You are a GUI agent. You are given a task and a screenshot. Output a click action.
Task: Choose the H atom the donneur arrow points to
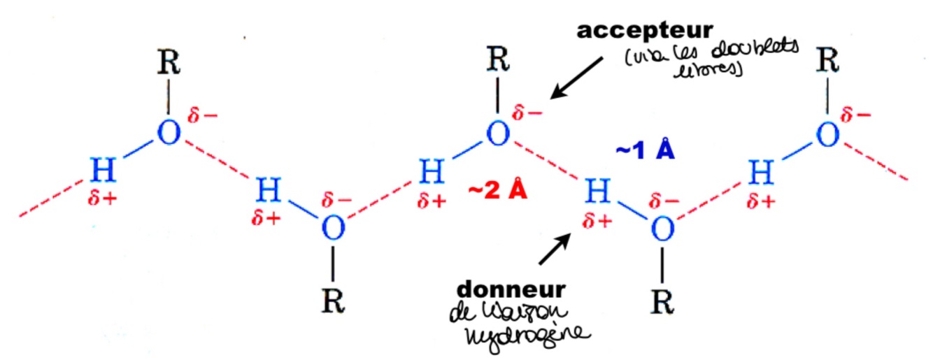coord(596,189)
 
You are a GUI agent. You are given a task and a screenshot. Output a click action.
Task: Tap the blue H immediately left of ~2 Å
coord(429,169)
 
